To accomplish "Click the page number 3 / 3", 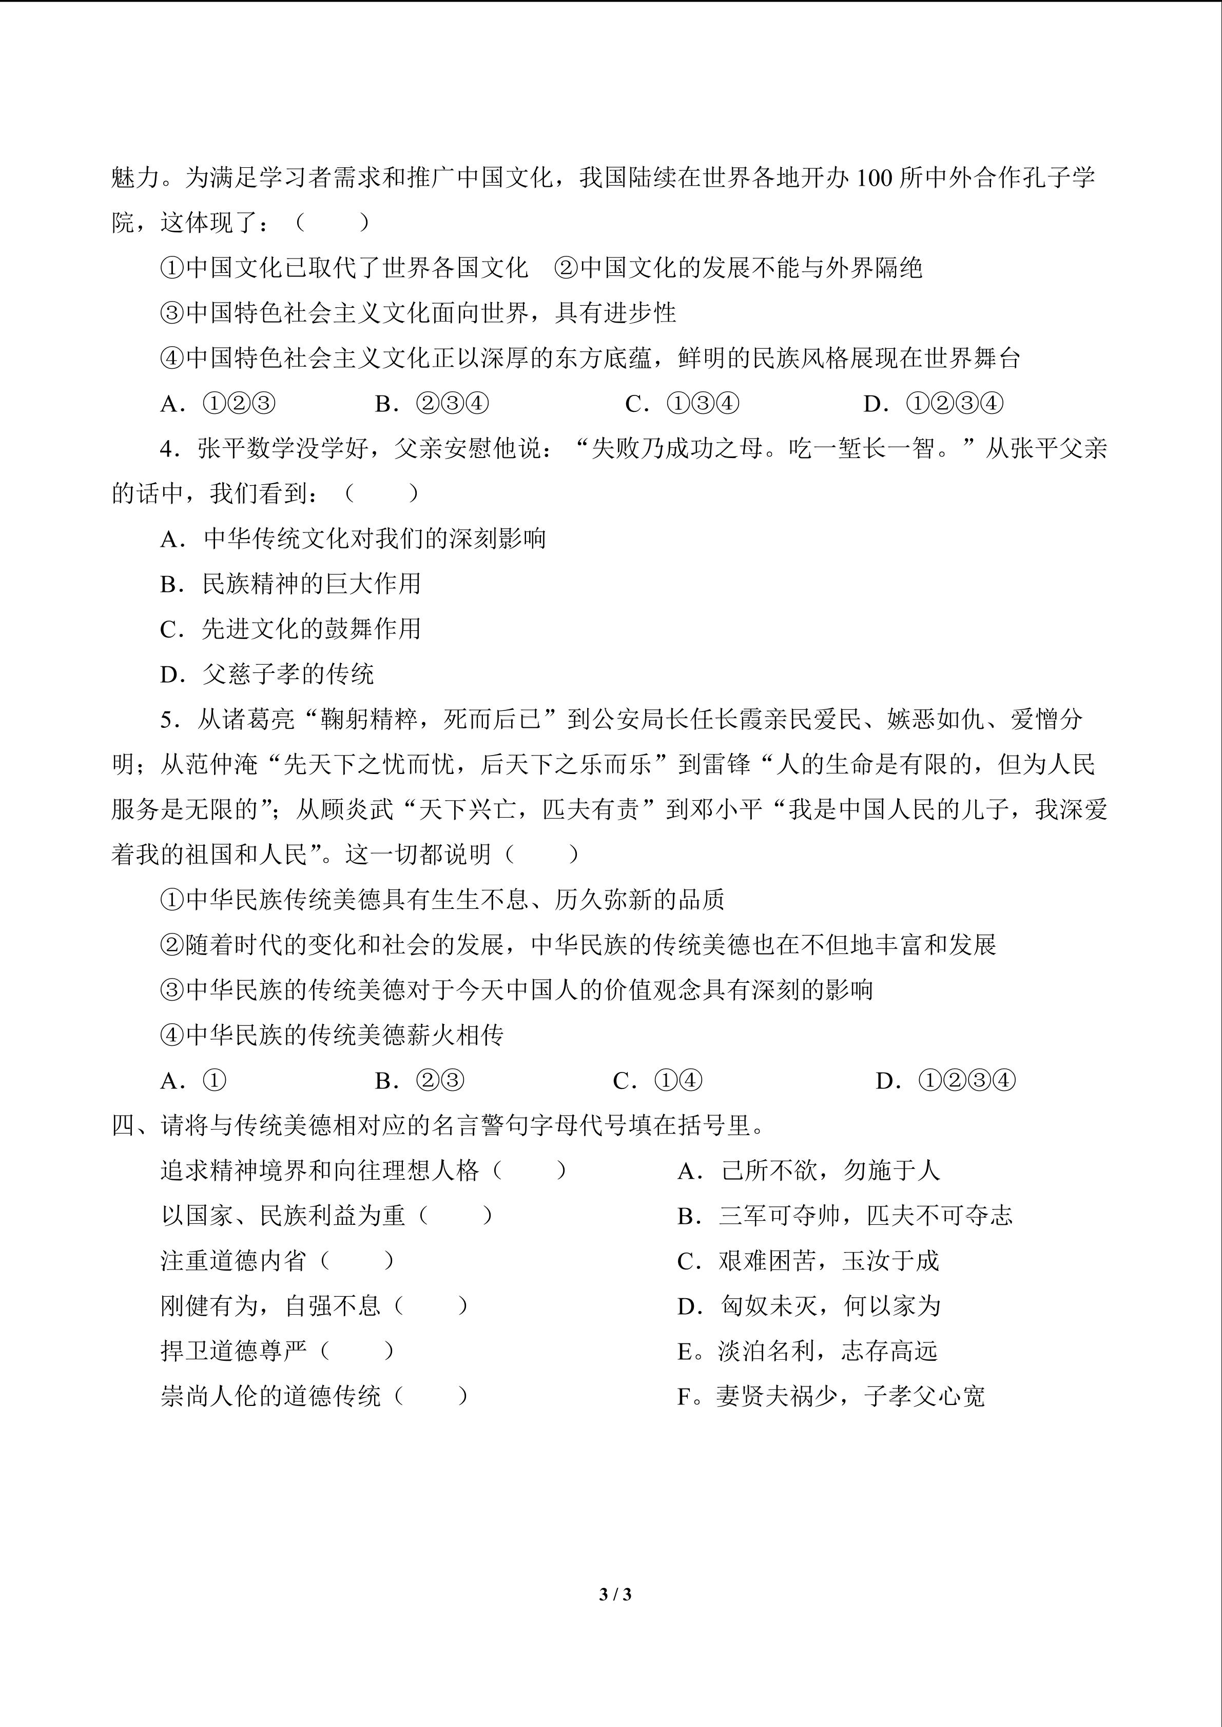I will (x=615, y=1594).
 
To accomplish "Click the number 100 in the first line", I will (x=875, y=178).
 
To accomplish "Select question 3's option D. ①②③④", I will (x=933, y=404).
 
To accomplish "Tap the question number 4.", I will (x=170, y=449).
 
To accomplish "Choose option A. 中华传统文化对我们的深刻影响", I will (x=353, y=539).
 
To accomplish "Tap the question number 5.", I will (x=170, y=720).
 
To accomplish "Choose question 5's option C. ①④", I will (x=657, y=1081).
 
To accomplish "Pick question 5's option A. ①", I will (x=192, y=1081).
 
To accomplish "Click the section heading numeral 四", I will (x=123, y=1125).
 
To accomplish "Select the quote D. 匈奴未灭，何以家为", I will (x=809, y=1306).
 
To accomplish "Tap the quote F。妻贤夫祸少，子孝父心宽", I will (x=831, y=1396).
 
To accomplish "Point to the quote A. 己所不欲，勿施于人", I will (x=809, y=1170).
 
